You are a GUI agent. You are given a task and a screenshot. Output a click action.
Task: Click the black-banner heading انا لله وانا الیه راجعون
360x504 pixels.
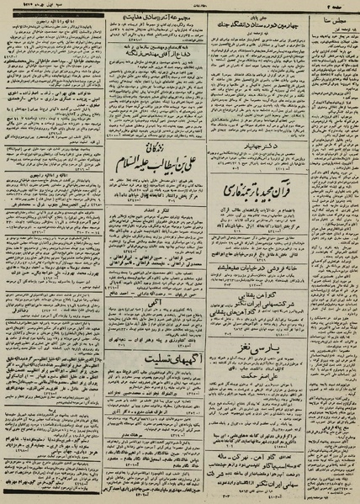coord(52,19)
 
